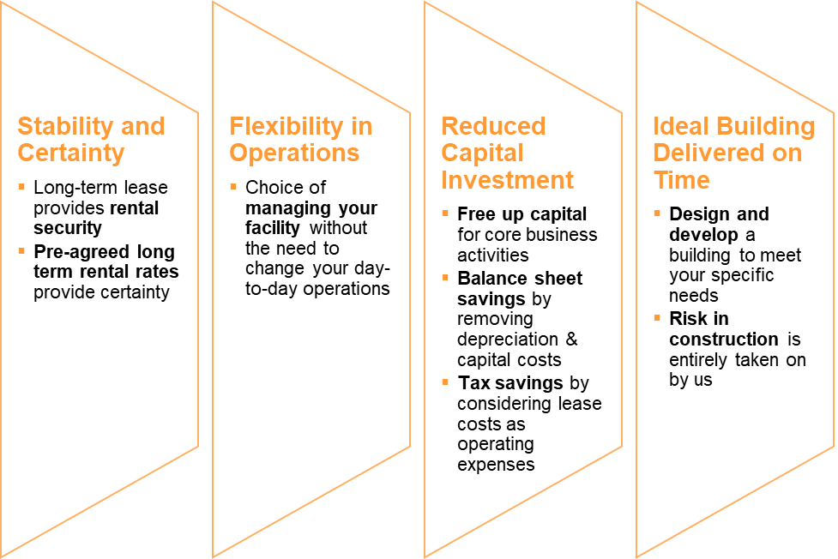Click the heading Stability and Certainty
[x=92, y=140]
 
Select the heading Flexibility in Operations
[x=301, y=140]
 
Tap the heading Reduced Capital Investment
[x=507, y=153]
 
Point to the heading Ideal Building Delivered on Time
[x=733, y=153]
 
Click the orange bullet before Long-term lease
[x=21, y=187]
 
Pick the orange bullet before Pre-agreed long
[x=21, y=250]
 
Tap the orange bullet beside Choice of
[x=233, y=187]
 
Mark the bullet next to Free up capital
[x=445, y=213]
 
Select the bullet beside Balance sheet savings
[x=445, y=278]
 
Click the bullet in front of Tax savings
[x=445, y=382]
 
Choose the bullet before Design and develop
[x=657, y=213]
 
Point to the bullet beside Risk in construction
[x=657, y=318]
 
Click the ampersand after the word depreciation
[x=572, y=339]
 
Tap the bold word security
[x=68, y=228]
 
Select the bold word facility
[x=273, y=228]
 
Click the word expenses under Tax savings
[x=496, y=465]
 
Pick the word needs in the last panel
[x=694, y=296]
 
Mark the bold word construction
[x=724, y=340]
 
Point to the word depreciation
[x=508, y=340]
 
